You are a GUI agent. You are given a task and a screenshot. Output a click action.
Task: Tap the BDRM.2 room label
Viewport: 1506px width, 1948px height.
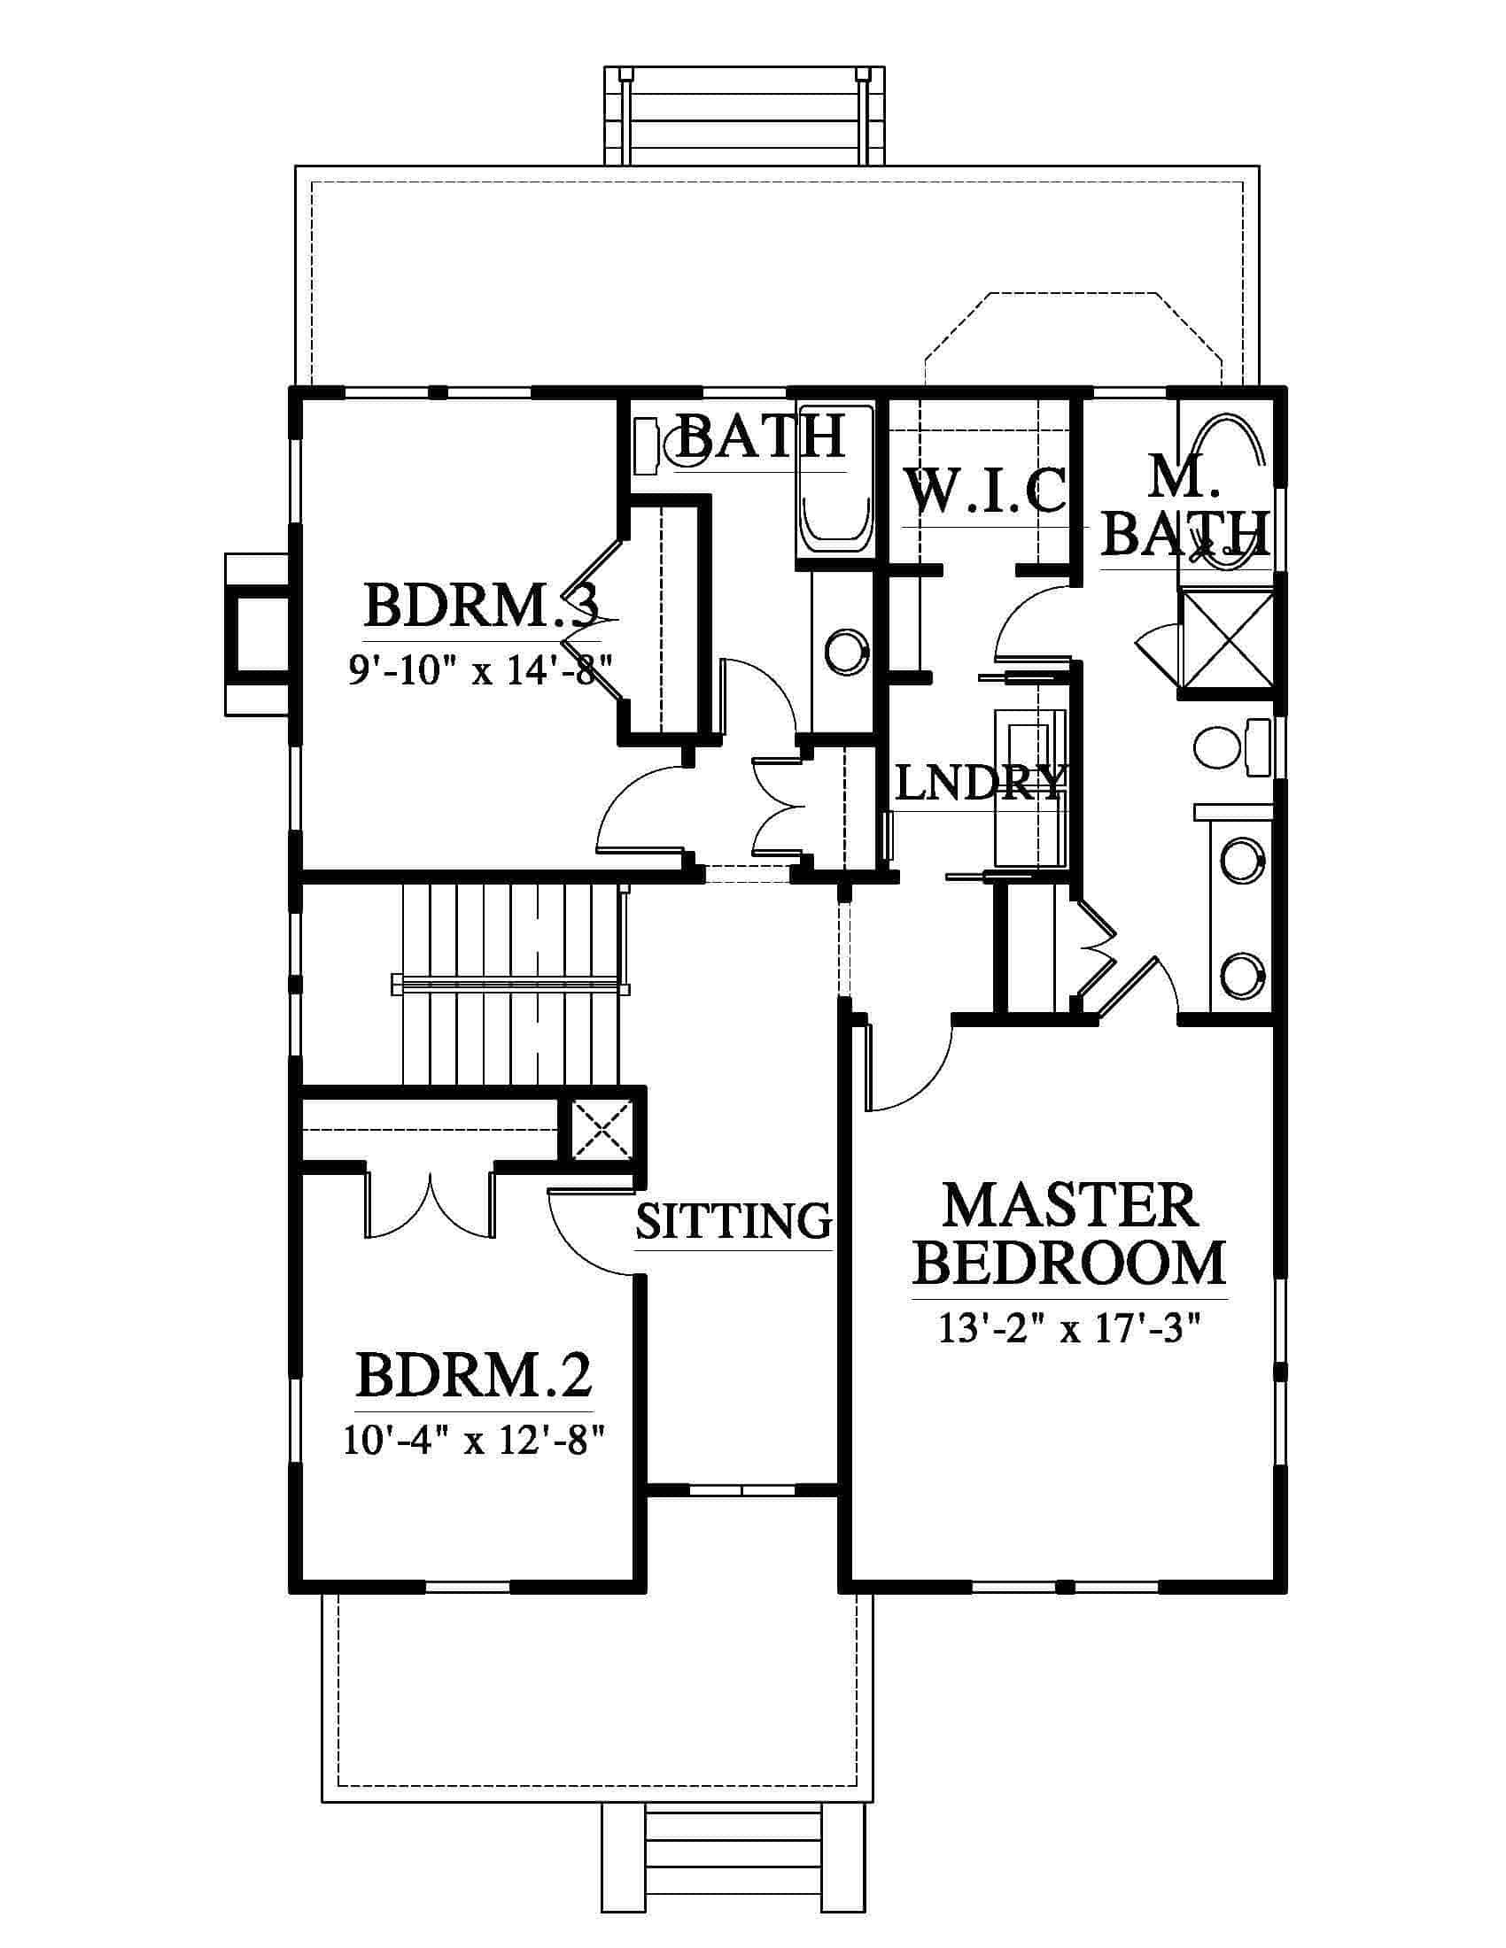tap(474, 1376)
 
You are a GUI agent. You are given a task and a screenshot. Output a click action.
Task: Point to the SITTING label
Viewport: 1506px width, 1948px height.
tap(734, 1221)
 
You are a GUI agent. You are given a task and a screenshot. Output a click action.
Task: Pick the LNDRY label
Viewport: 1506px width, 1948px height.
tap(980, 784)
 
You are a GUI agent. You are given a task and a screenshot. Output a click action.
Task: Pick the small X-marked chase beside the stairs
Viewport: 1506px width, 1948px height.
tap(602, 1130)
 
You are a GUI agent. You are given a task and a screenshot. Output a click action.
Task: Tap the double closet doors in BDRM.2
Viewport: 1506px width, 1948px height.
tap(430, 1205)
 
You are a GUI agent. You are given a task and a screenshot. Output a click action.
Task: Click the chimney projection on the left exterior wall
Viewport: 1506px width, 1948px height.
tap(257, 634)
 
